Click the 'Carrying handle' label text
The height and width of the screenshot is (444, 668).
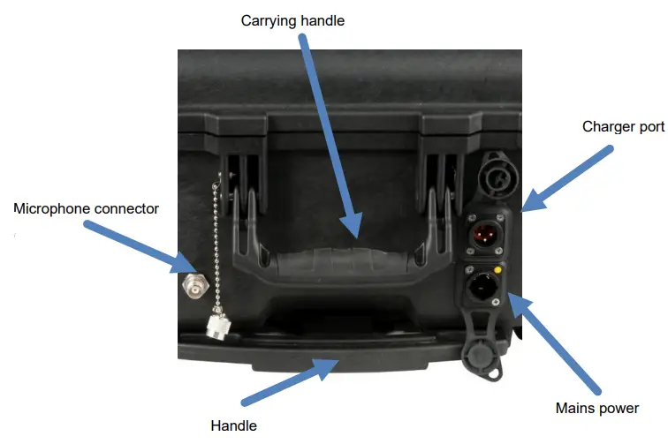[x=292, y=21]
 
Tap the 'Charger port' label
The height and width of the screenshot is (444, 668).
[x=623, y=127]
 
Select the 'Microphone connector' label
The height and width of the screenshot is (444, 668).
[x=86, y=208]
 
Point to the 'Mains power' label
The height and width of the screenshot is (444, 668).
[x=597, y=408]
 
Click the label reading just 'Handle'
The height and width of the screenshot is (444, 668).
[x=234, y=425]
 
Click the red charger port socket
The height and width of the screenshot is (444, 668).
[x=485, y=234]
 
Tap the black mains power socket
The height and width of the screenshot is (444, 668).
[x=482, y=286]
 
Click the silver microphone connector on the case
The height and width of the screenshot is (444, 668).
[x=195, y=285]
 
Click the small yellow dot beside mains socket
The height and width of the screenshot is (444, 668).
[x=497, y=270]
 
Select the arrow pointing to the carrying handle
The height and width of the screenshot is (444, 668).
[x=331, y=136]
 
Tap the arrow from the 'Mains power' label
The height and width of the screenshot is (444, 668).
[x=554, y=343]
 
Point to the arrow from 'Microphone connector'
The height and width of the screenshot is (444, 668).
[x=140, y=247]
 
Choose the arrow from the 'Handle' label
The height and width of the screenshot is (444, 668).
[x=290, y=382]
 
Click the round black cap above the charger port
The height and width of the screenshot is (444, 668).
[x=497, y=176]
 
